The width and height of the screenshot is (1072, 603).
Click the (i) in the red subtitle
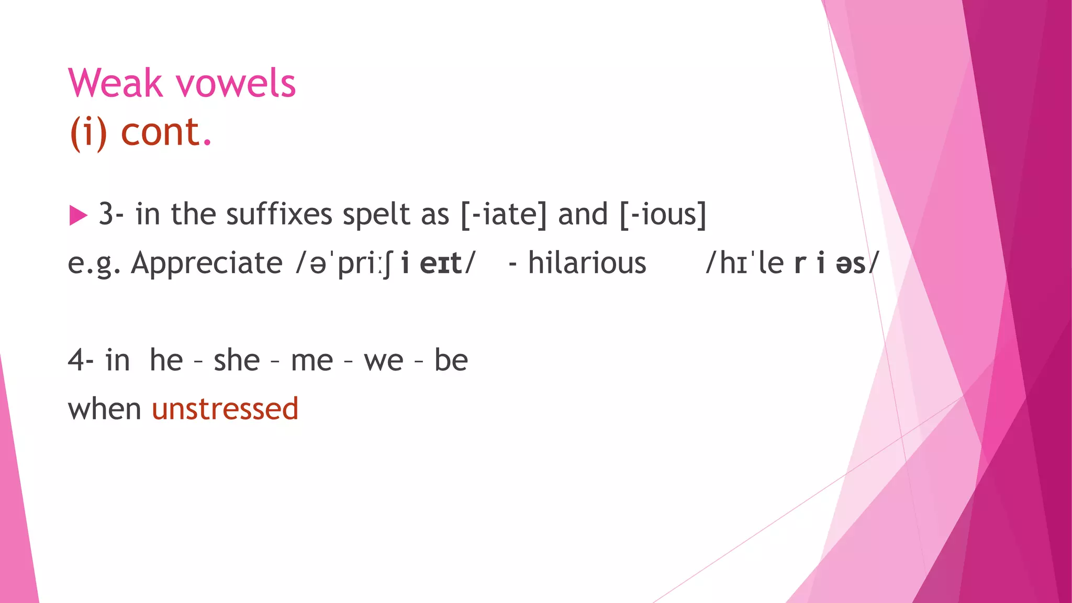pyautogui.click(x=88, y=132)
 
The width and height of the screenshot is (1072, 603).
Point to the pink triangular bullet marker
pyautogui.click(x=78, y=215)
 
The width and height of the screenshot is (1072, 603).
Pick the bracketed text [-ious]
pyautogui.click(x=663, y=215)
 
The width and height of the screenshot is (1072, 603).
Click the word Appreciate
pyautogui.click(x=207, y=263)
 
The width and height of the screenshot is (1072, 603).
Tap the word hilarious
pyautogui.click(x=587, y=263)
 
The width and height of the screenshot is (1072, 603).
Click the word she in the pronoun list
pyautogui.click(x=237, y=360)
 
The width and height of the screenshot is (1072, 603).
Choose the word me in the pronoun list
pyautogui.click(x=312, y=360)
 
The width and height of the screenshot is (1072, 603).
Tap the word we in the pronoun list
pyautogui.click(x=384, y=360)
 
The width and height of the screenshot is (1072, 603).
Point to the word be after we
pyautogui.click(x=451, y=360)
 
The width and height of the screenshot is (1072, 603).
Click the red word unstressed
pyautogui.click(x=225, y=409)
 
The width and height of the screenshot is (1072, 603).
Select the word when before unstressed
pyautogui.click(x=105, y=409)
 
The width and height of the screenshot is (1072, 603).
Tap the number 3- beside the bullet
pyautogui.click(x=111, y=215)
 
